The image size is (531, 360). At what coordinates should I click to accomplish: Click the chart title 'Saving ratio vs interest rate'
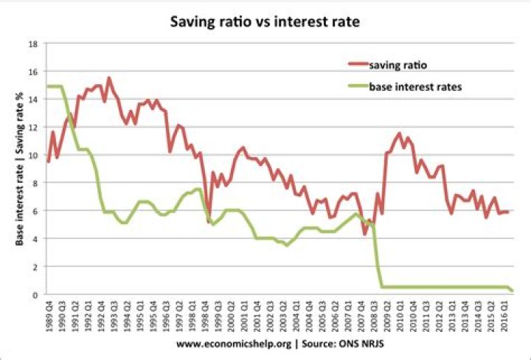(265, 21)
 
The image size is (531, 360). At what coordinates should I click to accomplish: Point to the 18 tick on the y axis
(32, 44)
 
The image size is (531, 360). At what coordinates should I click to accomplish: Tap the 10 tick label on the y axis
(32, 156)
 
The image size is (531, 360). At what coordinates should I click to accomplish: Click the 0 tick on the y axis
(34, 295)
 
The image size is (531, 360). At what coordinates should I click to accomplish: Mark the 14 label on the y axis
(32, 100)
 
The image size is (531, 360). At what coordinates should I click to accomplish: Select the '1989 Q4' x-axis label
(49, 317)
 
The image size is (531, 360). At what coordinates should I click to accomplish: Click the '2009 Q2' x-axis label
(383, 317)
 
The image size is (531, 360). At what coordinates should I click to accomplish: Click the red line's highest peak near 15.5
(109, 77)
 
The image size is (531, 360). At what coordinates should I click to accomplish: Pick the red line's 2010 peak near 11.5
(399, 134)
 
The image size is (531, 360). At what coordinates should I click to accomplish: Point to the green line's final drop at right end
(512, 291)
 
